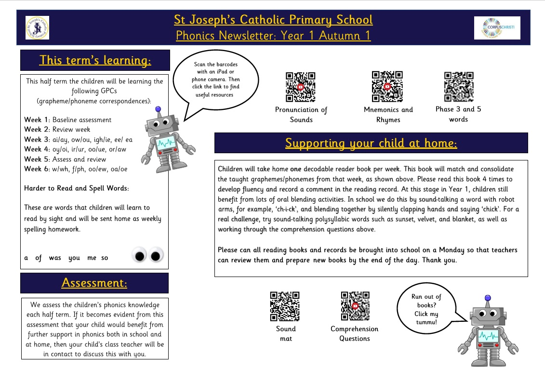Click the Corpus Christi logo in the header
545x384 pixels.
click(x=490, y=28)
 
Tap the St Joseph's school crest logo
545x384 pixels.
click(x=37, y=28)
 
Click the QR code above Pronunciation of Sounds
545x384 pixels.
click(x=300, y=87)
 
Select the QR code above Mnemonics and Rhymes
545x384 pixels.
click(x=387, y=87)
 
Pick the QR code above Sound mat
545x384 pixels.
click(x=285, y=306)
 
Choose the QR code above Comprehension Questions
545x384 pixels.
click(x=355, y=306)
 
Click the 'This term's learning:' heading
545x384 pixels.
click(x=95, y=60)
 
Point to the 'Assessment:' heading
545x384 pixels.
click(x=94, y=283)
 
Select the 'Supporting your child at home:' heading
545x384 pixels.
click(x=371, y=143)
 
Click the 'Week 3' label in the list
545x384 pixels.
click(x=36, y=139)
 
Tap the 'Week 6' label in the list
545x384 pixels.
click(x=36, y=169)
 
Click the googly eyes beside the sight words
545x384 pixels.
click(x=148, y=255)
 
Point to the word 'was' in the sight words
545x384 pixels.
click(x=55, y=258)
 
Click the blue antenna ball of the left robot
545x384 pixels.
click(x=159, y=109)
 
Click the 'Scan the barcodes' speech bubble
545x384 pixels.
click(x=216, y=79)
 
